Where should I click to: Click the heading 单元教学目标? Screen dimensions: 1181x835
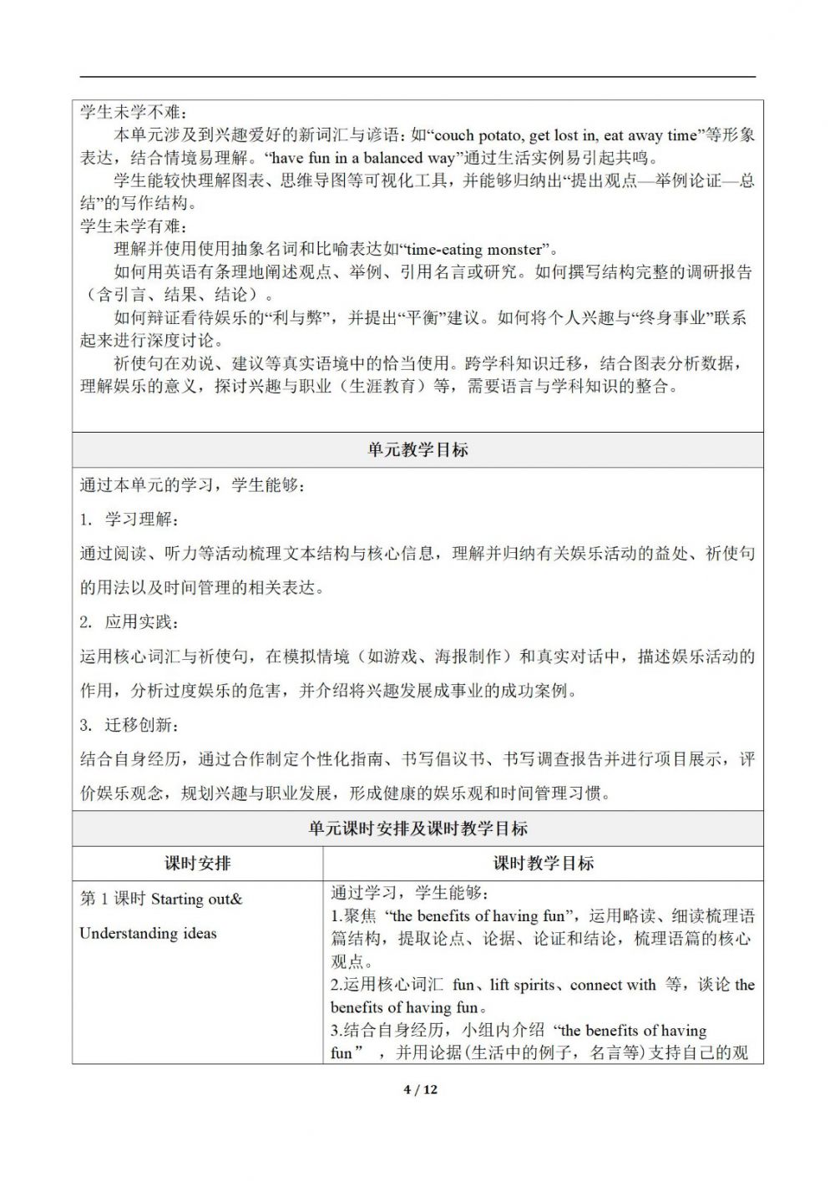coord(417,450)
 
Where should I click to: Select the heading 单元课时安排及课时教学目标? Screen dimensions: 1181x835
coord(417,829)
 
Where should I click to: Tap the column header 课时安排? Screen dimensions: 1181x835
coord(197,864)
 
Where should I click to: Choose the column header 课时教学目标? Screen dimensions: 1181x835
coord(543,864)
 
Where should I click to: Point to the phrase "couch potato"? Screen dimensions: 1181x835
coord(478,135)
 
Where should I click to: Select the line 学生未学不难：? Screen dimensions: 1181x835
coord(134,113)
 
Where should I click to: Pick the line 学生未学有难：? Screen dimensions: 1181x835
coord(134,226)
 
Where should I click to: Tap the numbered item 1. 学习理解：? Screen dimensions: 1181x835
coord(129,520)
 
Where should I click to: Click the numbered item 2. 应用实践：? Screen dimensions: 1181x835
coord(129,622)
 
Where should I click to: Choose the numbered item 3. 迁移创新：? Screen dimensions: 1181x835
coord(129,724)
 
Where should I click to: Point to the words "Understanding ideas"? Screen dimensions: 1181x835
coord(148,933)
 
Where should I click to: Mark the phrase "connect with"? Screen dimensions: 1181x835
coord(613,985)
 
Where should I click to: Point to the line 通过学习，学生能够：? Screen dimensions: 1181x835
coord(414,893)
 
